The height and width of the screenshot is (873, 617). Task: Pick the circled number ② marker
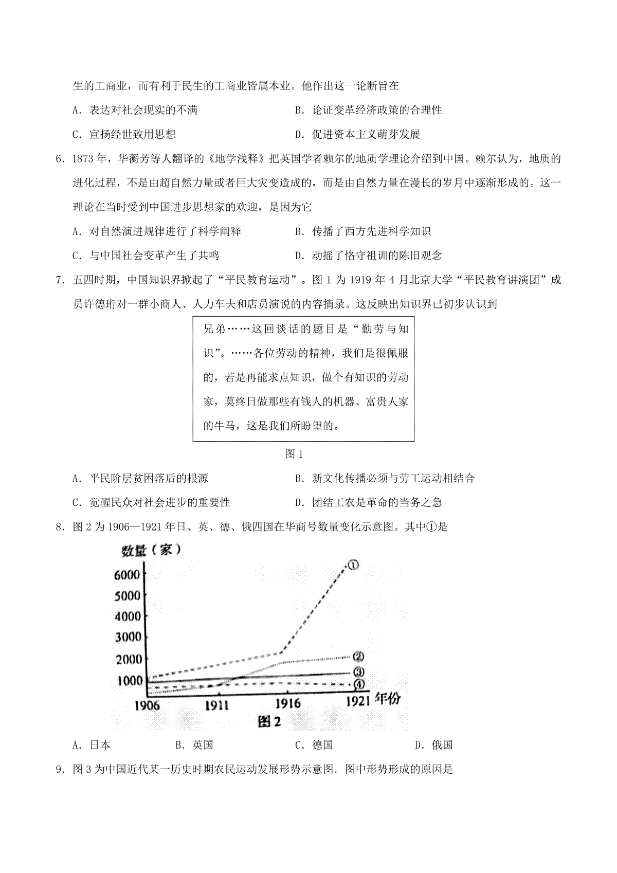pyautogui.click(x=358, y=657)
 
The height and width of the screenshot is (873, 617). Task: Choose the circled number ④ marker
pyautogui.click(x=359, y=684)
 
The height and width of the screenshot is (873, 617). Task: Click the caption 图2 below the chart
pyautogui.click(x=269, y=721)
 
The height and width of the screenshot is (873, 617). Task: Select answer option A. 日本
pyautogui.click(x=92, y=745)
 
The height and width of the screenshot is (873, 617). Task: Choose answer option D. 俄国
pyautogui.click(x=433, y=745)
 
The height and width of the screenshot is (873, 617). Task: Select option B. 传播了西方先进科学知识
pyautogui.click(x=363, y=231)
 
